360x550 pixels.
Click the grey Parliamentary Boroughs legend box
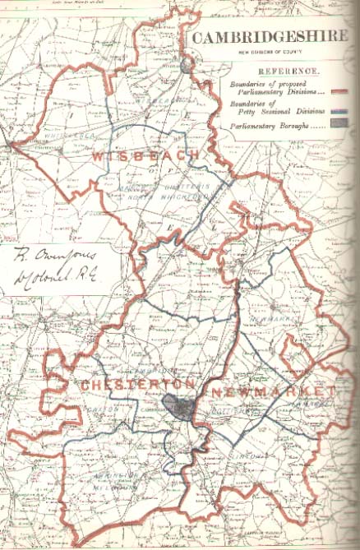pos(341,125)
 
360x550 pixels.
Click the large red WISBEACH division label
pos(147,155)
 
